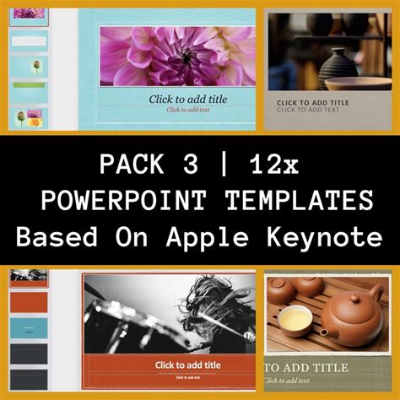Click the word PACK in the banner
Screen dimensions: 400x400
129,164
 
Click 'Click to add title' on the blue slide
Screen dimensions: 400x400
188,99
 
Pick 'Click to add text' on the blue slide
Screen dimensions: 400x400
187,110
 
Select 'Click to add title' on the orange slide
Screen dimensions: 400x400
188,365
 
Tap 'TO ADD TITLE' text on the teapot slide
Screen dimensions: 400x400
305,368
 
